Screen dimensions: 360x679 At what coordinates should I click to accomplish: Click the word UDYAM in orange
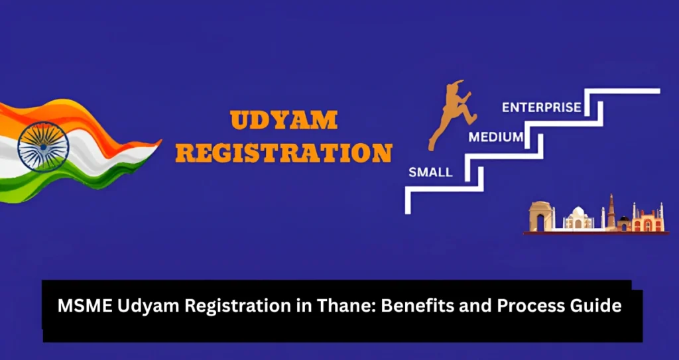click(284, 121)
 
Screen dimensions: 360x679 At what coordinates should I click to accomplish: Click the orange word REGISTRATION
click(284, 153)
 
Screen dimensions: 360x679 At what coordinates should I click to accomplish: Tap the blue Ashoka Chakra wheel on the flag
click(40, 144)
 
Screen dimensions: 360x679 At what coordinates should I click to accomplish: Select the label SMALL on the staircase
click(430, 172)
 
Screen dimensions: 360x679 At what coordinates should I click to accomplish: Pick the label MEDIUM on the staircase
click(495, 138)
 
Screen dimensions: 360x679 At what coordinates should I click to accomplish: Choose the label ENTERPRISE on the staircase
click(542, 107)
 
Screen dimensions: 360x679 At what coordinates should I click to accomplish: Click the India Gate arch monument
click(540, 217)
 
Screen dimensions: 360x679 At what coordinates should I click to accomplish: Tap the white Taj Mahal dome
click(578, 215)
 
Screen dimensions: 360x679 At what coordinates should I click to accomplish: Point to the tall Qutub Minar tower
click(611, 211)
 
